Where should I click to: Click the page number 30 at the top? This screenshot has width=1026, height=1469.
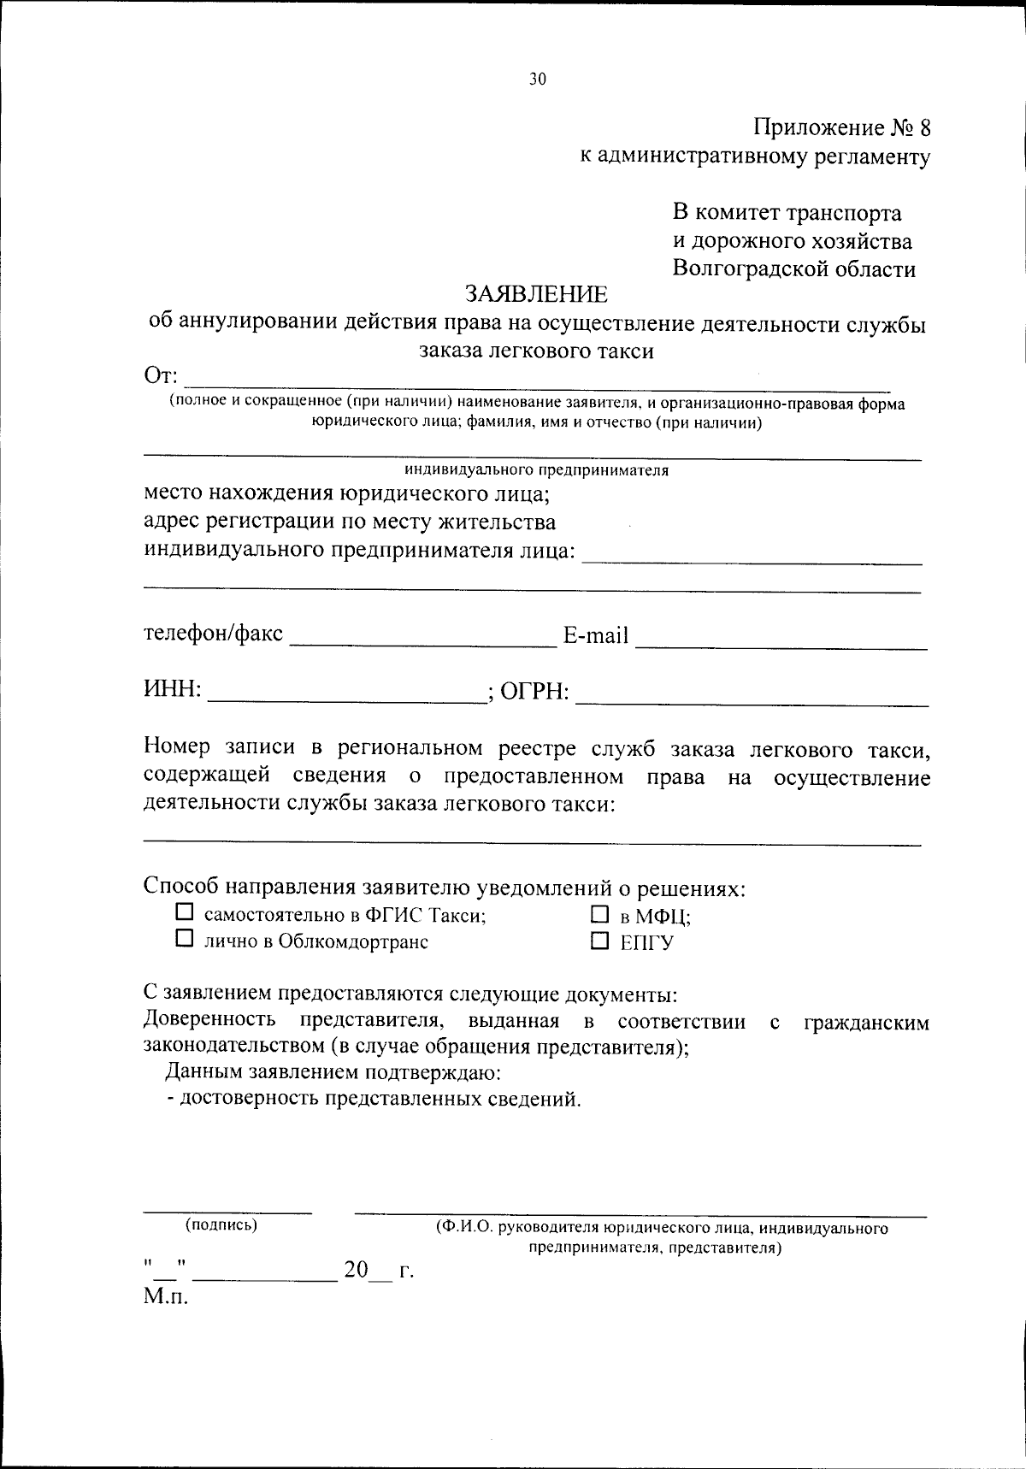pos(537,80)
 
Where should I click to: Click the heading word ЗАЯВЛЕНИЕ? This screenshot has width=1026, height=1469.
pos(536,294)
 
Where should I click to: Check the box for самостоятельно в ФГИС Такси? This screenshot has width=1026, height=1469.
pos(184,912)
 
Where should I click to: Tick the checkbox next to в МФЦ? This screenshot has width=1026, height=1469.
pos(598,914)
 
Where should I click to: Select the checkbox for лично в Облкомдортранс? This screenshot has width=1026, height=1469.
pos(184,939)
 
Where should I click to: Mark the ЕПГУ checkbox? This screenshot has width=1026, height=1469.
pos(598,941)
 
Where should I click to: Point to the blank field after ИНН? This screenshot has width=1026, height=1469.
pos(346,693)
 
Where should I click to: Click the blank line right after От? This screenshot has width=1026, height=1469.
pos(537,376)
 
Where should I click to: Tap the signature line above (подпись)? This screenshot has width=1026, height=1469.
pos(227,1212)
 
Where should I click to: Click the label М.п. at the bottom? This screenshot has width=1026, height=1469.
pos(165,1297)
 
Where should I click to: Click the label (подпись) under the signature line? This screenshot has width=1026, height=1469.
pos(221,1225)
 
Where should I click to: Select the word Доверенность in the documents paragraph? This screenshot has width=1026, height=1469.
pos(209,1020)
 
